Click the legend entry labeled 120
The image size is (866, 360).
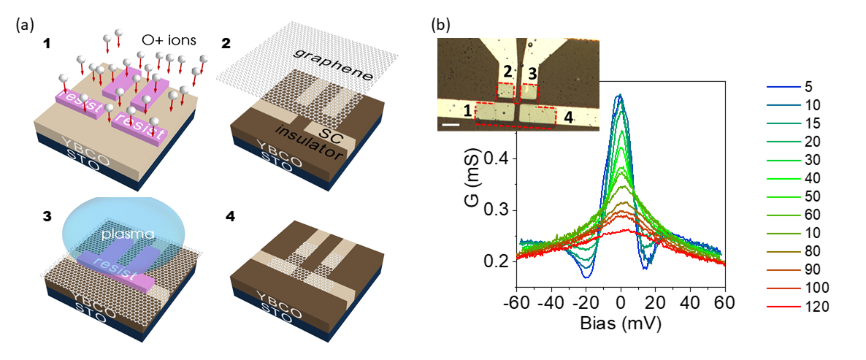[x=819, y=307]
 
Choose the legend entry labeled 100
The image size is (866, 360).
[x=819, y=288]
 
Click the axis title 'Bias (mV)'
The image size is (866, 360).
[x=621, y=321]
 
